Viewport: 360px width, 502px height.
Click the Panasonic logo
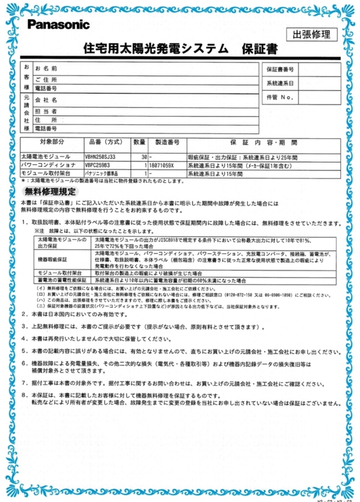59,25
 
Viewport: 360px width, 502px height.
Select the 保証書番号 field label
280,70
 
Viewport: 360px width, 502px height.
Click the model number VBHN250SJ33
100,157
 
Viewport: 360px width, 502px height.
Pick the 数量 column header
140,142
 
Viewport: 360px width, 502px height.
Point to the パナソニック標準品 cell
101,173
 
